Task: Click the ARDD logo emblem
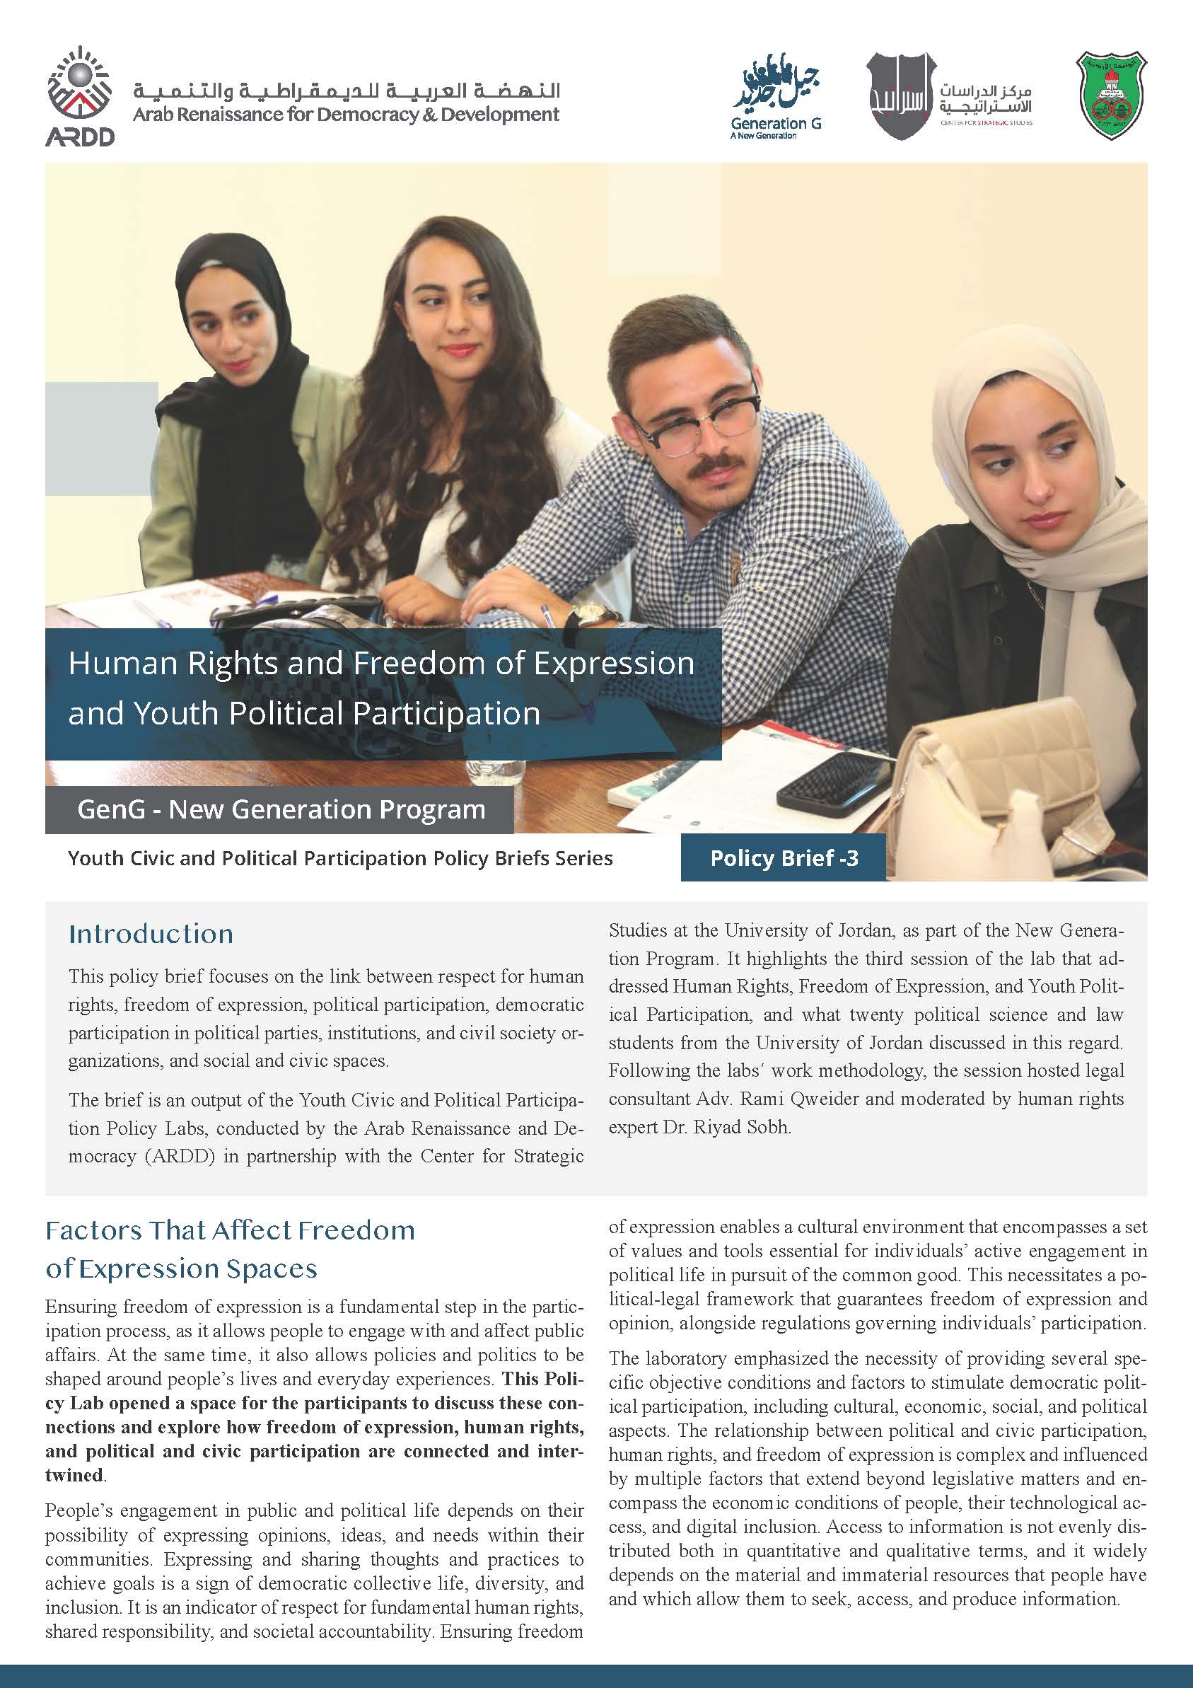tap(79, 96)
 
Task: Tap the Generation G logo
tap(776, 96)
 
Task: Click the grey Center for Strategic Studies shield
tap(900, 96)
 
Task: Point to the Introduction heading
tap(151, 934)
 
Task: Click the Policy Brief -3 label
tap(784, 858)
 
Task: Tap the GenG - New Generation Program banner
tap(281, 809)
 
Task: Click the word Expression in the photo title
tap(614, 663)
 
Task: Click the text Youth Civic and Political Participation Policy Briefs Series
tap(339, 858)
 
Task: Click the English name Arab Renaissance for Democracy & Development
tap(346, 115)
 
